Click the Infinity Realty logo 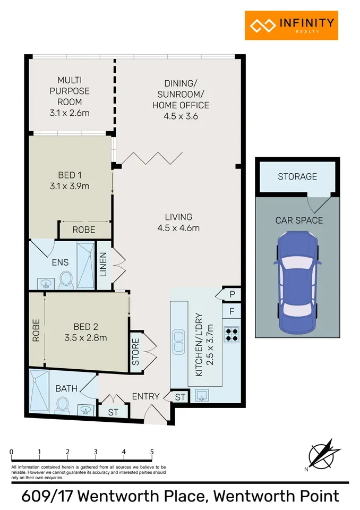coord(291,25)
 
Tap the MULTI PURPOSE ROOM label coord(70,91)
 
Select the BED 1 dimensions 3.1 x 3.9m coord(70,186)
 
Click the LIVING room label coord(178,217)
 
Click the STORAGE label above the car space coord(297,176)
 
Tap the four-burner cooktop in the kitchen coord(232,333)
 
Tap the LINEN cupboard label coord(104,263)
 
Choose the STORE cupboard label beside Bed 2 coord(135,351)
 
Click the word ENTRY coord(145,396)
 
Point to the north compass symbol coord(321,454)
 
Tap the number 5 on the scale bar coord(152,452)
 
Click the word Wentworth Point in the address coord(276,496)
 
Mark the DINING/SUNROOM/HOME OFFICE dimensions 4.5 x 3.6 coord(181,116)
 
